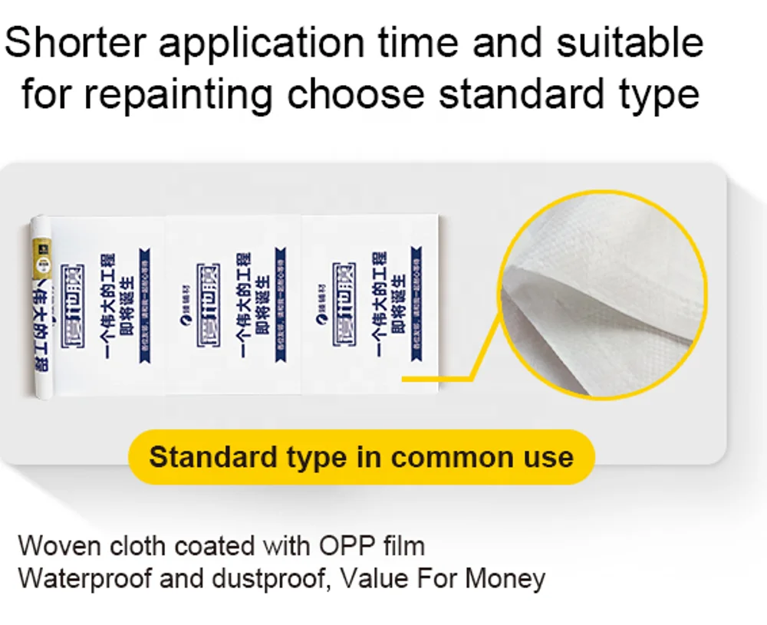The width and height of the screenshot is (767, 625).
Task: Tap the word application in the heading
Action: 257,45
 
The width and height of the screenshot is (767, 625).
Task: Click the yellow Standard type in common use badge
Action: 360,457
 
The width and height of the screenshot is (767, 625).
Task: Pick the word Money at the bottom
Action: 505,577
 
